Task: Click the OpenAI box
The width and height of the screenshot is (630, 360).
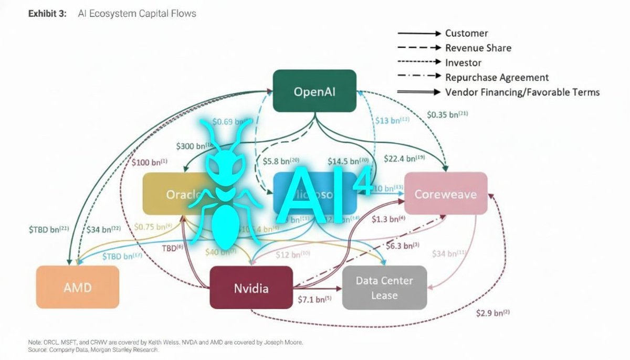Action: point(314,91)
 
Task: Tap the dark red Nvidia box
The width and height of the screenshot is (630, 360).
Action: point(251,288)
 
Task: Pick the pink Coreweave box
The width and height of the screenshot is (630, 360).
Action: point(446,194)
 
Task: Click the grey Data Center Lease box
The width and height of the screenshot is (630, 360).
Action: point(384,288)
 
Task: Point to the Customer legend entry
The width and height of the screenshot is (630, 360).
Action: point(467,33)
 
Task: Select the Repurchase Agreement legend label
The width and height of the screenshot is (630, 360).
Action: point(497,77)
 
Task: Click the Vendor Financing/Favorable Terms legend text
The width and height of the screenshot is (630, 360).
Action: point(522,92)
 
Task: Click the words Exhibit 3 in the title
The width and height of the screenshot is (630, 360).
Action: point(47,14)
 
